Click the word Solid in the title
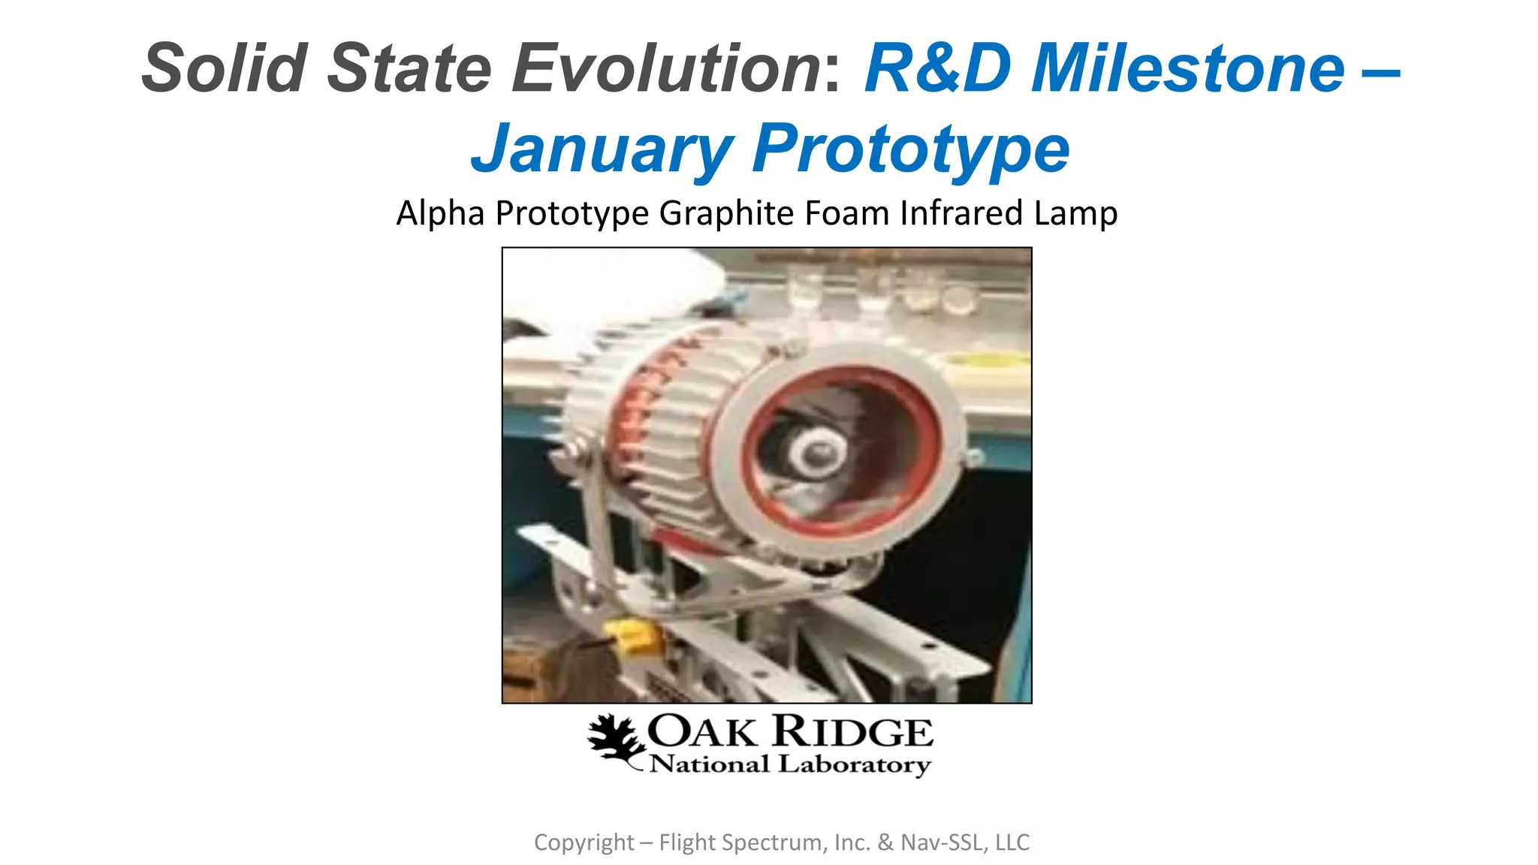(225, 68)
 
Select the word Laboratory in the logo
(855, 764)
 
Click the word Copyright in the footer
(584, 842)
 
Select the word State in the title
(409, 68)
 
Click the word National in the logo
(710, 764)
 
